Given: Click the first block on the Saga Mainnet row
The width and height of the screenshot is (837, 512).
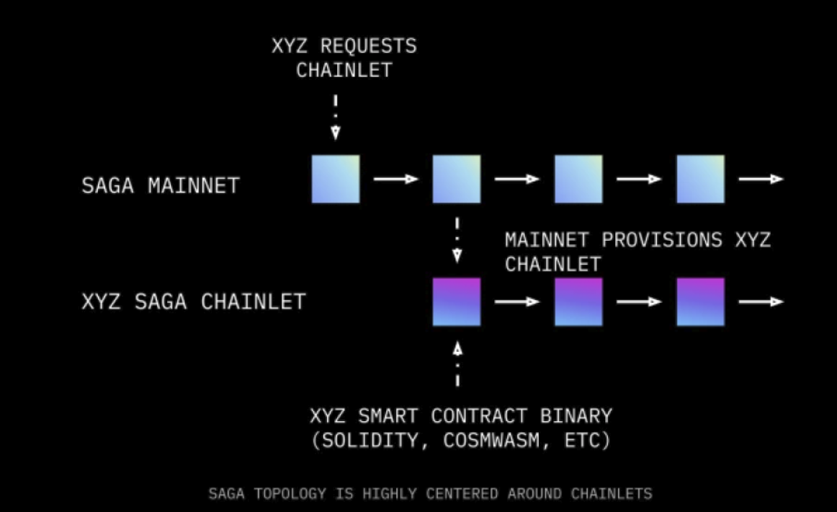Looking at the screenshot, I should tap(336, 179).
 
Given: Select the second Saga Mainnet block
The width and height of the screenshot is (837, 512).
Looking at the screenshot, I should tap(457, 179).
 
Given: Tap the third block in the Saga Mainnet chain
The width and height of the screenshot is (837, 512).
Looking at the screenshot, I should tap(578, 179).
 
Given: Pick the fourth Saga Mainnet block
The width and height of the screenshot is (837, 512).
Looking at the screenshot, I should tap(700, 179).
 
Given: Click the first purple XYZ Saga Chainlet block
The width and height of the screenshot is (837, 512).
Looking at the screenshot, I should tap(457, 301).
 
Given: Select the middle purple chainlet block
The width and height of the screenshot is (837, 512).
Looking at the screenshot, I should tap(578, 301).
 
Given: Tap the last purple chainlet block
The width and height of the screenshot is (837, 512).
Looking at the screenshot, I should tap(700, 301).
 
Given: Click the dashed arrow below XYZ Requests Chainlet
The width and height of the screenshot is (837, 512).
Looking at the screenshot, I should tap(336, 117).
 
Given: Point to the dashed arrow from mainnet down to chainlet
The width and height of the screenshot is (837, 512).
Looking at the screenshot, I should tap(457, 239).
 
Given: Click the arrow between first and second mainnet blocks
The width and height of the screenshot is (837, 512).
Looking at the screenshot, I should tap(395, 179).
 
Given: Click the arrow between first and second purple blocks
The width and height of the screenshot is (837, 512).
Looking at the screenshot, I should tap(517, 301).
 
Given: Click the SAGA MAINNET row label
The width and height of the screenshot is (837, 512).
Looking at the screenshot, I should tap(160, 185).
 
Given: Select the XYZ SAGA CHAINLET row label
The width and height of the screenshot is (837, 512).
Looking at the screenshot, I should tap(194, 301).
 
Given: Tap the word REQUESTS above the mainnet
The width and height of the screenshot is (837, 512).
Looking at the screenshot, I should tap(368, 46).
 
